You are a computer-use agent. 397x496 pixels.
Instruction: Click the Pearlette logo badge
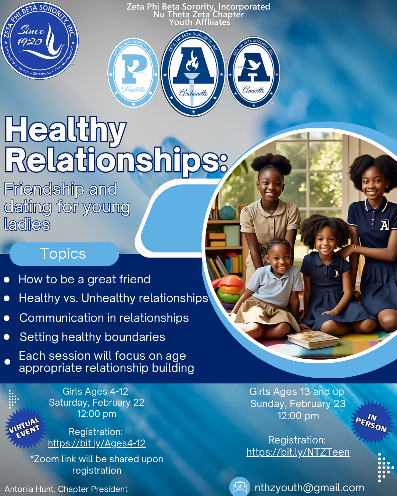(x=133, y=73)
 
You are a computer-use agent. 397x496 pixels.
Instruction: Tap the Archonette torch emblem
(x=193, y=73)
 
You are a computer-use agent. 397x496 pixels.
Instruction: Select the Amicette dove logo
(x=254, y=73)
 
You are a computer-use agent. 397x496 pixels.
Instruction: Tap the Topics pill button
(x=64, y=254)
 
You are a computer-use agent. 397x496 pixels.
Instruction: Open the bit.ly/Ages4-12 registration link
(x=97, y=443)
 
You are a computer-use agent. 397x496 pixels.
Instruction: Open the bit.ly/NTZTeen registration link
(x=298, y=452)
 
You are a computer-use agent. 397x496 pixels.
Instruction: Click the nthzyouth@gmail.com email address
(x=309, y=488)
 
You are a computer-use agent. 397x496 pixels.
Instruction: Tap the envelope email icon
(x=240, y=487)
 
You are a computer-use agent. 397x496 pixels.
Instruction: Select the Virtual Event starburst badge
(x=25, y=428)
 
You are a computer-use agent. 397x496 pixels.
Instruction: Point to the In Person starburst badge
(x=371, y=423)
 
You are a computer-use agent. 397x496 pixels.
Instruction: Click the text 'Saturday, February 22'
(x=97, y=403)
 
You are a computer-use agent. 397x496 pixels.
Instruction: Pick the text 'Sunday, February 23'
(x=298, y=404)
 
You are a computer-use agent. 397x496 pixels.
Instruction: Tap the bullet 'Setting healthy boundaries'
(x=92, y=337)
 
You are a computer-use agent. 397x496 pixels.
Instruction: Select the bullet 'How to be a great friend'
(x=85, y=279)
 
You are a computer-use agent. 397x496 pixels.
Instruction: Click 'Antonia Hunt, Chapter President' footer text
(x=66, y=489)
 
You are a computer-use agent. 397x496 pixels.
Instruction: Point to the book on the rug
(x=312, y=339)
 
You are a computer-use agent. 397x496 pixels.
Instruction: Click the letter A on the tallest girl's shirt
(x=384, y=225)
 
